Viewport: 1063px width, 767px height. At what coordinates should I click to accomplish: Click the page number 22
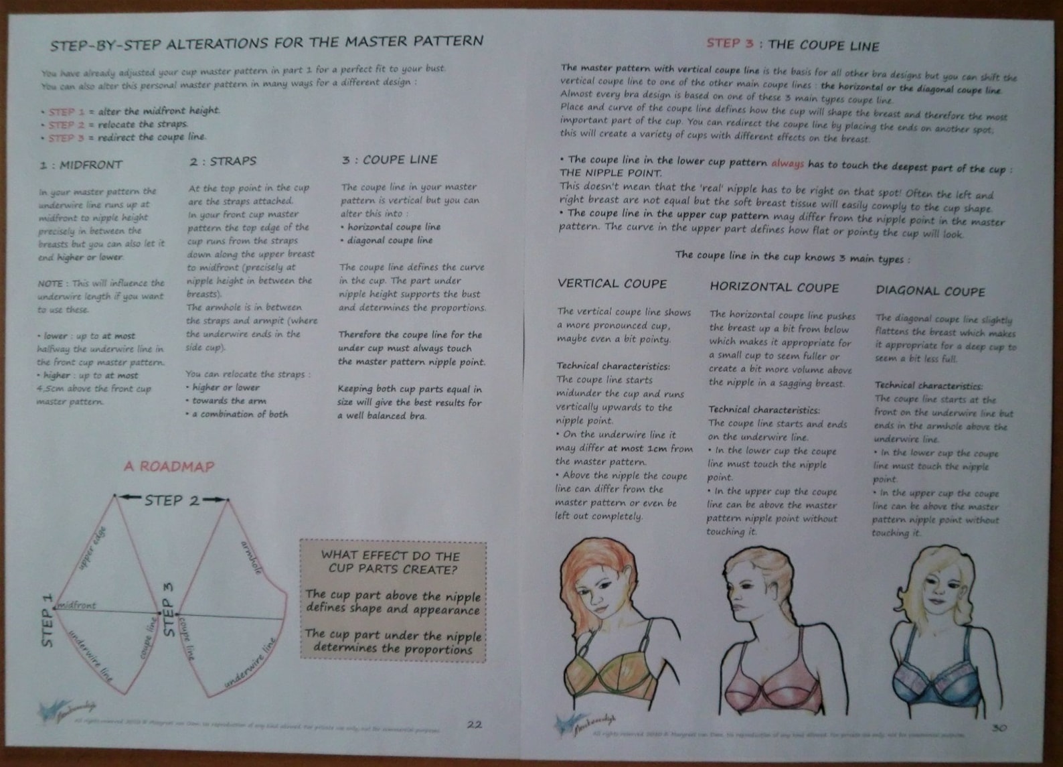pyautogui.click(x=474, y=724)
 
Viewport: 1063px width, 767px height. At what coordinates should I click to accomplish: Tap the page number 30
pyautogui.click(x=998, y=727)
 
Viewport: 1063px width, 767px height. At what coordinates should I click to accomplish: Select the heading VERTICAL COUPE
pyautogui.click(x=612, y=283)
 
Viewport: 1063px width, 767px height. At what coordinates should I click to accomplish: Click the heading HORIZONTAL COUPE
pyautogui.click(x=774, y=287)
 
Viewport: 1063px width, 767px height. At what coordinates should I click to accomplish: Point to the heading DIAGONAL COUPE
pyautogui.click(x=930, y=291)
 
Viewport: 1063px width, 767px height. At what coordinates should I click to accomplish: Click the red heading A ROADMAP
pyautogui.click(x=169, y=467)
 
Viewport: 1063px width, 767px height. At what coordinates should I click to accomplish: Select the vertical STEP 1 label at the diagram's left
pyautogui.click(x=47, y=620)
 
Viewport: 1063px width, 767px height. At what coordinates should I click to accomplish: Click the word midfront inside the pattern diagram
pyautogui.click(x=78, y=605)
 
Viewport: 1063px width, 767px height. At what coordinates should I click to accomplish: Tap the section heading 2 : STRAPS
pyautogui.click(x=222, y=161)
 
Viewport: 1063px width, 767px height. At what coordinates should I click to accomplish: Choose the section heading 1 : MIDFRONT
pyautogui.click(x=80, y=165)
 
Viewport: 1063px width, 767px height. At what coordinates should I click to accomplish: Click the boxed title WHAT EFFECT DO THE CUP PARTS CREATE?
pyautogui.click(x=392, y=563)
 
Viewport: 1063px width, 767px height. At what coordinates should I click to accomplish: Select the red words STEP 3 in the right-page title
pyautogui.click(x=730, y=44)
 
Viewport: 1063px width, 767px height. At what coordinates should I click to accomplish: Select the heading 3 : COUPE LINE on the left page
pyautogui.click(x=389, y=159)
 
